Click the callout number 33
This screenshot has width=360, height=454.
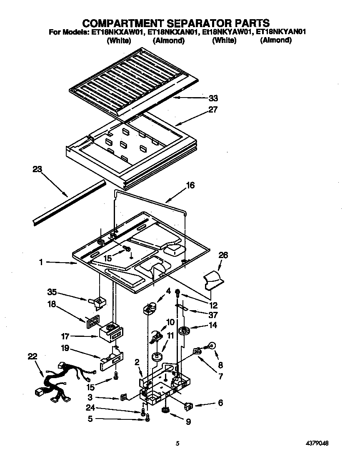point(213,98)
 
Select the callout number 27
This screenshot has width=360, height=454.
point(213,110)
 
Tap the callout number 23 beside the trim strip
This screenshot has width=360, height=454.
point(38,169)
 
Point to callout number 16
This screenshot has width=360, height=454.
point(190,186)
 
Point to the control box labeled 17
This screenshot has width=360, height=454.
point(111,332)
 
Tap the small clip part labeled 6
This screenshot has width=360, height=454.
point(189,404)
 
